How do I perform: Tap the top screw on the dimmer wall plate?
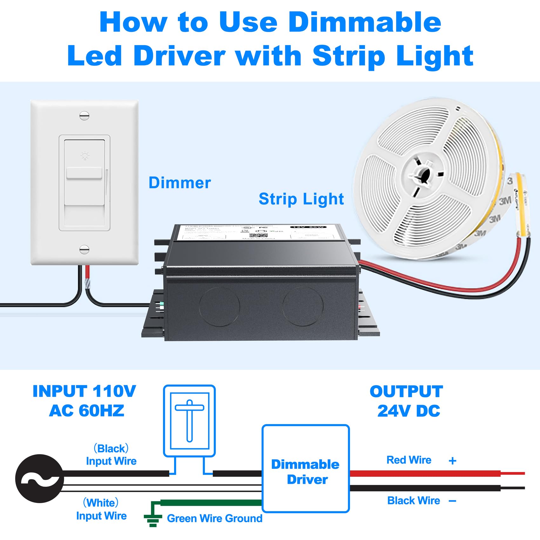84,116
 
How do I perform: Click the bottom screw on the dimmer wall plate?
84,250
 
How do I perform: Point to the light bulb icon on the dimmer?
85,156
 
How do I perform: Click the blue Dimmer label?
179,183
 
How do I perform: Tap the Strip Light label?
301,199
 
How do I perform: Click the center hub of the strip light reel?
422,174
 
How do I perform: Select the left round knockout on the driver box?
219,307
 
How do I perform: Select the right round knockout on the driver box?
303,307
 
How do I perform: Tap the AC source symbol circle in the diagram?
39,478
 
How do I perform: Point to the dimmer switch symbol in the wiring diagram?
189,421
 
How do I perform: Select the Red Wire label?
409,460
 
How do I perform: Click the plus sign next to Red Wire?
453,461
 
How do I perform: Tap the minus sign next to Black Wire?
453,501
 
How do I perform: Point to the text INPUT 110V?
84,391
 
